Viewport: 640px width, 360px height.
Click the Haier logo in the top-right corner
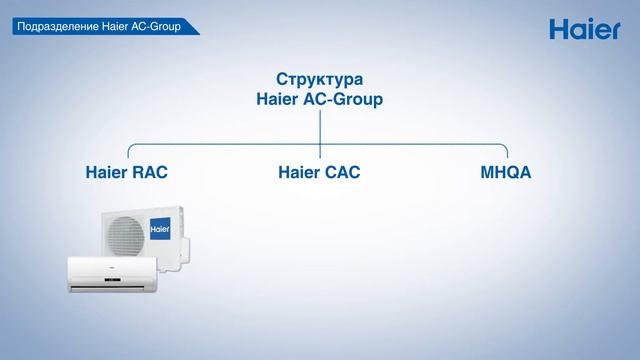tap(586, 29)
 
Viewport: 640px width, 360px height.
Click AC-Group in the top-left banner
tap(159, 26)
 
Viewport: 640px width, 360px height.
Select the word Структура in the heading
tap(319, 79)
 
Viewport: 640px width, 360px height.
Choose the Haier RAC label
tap(126, 172)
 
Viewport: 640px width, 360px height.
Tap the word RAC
tap(149, 172)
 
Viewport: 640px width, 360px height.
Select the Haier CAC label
tap(319, 172)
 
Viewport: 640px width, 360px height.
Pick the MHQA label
tap(505, 172)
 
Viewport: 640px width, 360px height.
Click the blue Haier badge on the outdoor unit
tap(159, 229)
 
